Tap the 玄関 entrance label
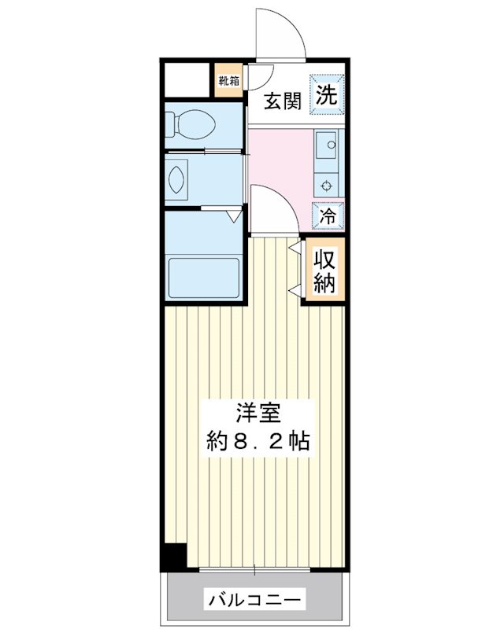click(280, 101)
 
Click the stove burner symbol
click(325, 186)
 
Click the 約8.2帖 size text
click(257, 441)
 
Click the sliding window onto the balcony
click(256, 569)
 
